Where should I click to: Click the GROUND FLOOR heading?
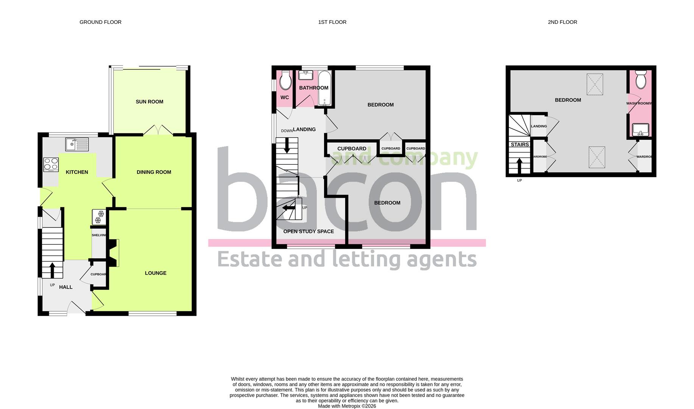pyautogui.click(x=100, y=22)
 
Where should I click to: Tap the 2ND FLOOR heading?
pyautogui.click(x=562, y=22)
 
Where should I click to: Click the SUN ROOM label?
pyautogui.click(x=150, y=102)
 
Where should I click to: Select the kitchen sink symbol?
pyautogui.click(x=77, y=144)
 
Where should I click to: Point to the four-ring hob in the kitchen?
pyautogui.click(x=51, y=165)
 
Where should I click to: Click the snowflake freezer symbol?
pyautogui.click(x=99, y=217)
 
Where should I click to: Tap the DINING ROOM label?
pyautogui.click(x=154, y=172)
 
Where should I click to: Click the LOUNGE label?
pyautogui.click(x=156, y=273)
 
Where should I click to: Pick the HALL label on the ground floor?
pyautogui.click(x=66, y=287)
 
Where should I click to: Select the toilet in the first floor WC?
pyautogui.click(x=285, y=80)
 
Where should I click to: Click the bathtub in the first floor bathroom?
pyautogui.click(x=324, y=88)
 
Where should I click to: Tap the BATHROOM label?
pyautogui.click(x=313, y=88)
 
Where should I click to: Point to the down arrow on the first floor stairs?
pyautogui.click(x=287, y=146)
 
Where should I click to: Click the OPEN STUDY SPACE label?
pyautogui.click(x=309, y=231)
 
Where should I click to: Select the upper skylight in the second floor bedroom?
pyautogui.click(x=594, y=84)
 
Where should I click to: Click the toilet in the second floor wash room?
pyautogui.click(x=641, y=79)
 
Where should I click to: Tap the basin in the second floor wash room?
pyautogui.click(x=640, y=130)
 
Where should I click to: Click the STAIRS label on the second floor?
pyautogui.click(x=520, y=145)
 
